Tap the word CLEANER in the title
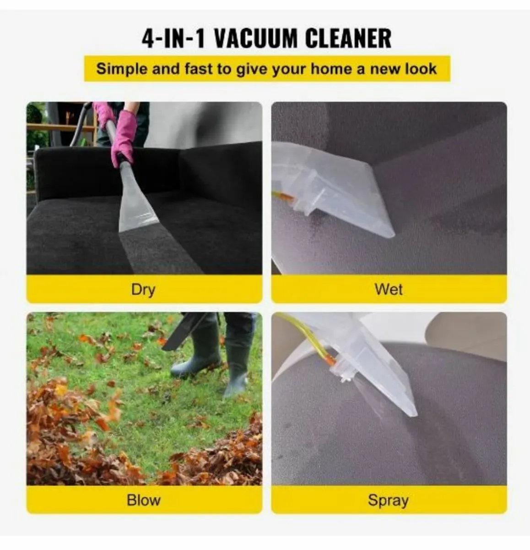pos(348,38)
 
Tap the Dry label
pos(143,290)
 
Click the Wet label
pos(389,290)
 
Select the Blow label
pos(143,500)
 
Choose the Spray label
pos(388,500)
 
